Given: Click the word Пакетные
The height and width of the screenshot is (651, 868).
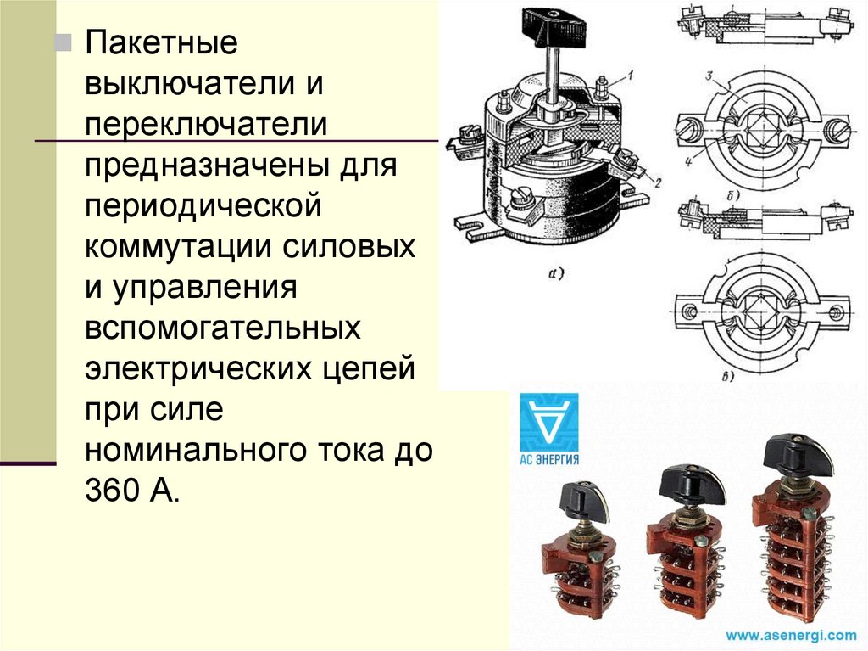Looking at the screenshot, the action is tap(161, 43).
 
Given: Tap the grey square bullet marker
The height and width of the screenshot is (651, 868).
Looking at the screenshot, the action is tap(64, 42).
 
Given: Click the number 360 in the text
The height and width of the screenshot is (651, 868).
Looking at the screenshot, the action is tap(111, 490).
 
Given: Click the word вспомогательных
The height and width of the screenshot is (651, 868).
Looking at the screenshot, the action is tap(223, 328).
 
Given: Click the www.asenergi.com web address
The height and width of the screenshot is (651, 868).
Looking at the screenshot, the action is tap(791, 635).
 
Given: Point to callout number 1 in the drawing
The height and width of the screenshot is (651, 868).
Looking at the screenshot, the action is tap(630, 75).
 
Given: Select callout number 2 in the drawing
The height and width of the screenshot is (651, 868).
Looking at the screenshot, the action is tap(657, 182).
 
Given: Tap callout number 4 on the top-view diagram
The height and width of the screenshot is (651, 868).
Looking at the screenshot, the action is tap(688, 162).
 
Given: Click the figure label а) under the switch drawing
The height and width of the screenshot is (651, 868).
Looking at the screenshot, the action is tap(555, 272).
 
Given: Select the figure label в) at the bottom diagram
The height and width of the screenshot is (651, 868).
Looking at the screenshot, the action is tap(728, 377).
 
